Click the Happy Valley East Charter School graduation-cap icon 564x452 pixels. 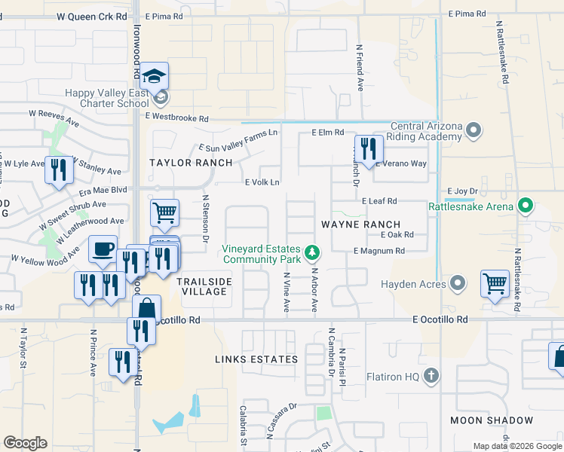(x=155, y=77)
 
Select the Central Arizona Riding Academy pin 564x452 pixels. (x=474, y=131)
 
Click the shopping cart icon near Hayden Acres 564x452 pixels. (x=495, y=285)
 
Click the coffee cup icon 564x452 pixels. (x=103, y=248)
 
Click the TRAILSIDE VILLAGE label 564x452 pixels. (x=204, y=286)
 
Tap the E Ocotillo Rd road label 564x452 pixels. (x=440, y=320)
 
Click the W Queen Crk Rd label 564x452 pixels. (x=90, y=16)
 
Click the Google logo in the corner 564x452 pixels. (x=25, y=443)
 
